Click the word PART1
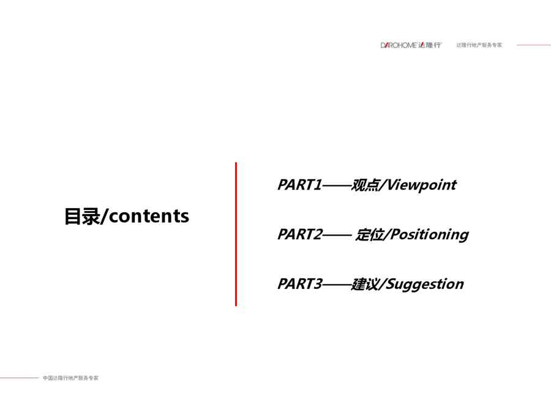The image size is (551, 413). (x=300, y=185)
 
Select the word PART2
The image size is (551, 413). (x=300, y=234)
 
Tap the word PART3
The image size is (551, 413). (x=300, y=284)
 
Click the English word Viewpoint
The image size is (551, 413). (x=422, y=185)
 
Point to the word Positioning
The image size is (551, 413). (x=429, y=234)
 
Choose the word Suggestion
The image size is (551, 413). (x=425, y=284)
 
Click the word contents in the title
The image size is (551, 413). (x=149, y=216)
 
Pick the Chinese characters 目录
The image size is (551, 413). (x=82, y=216)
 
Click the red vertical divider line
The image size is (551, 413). (x=236, y=234)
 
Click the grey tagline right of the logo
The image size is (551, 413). (x=479, y=45)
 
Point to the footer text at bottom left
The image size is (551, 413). (x=70, y=378)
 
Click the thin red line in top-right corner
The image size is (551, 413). (x=534, y=45)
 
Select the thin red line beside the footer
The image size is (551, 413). (x=20, y=378)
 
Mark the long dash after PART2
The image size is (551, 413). (x=337, y=235)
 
